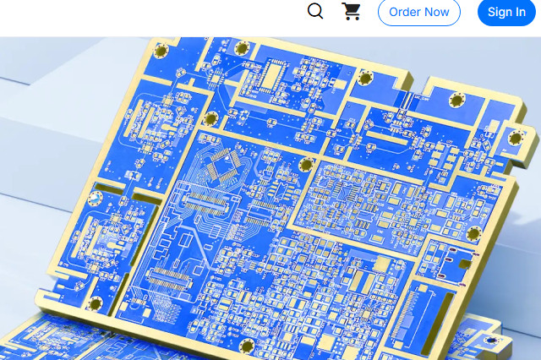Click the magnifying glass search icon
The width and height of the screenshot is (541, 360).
(315, 11)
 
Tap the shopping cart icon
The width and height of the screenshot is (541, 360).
(352, 11)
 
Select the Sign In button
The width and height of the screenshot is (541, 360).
(506, 12)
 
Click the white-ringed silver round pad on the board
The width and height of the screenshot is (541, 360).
(96, 198)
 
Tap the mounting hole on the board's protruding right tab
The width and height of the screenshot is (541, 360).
(516, 139)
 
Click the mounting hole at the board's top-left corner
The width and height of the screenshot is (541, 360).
(161, 51)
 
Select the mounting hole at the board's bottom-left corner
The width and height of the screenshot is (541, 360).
(95, 304)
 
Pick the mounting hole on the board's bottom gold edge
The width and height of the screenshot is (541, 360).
(247, 346)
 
